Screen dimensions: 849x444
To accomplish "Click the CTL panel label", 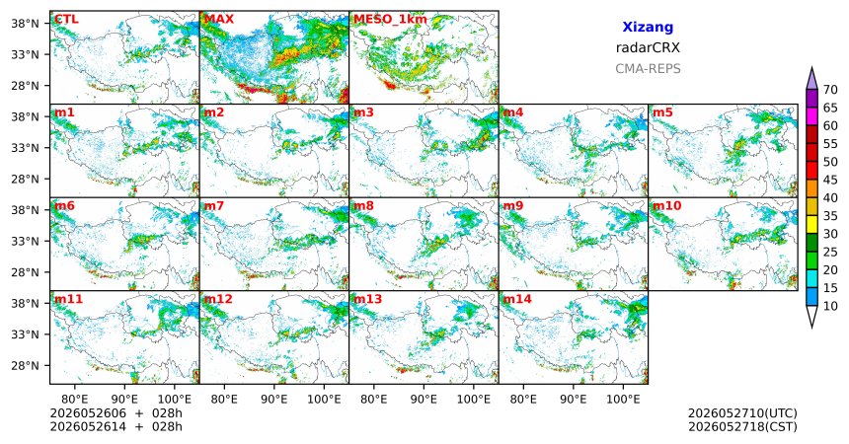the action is click(66, 20).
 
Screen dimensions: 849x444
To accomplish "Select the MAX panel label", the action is click(219, 20).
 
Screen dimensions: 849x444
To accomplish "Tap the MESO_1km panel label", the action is click(390, 20).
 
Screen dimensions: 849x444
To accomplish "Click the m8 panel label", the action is click(363, 206).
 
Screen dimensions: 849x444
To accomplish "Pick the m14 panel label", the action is click(517, 299).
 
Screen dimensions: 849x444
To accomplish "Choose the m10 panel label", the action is click(666, 206).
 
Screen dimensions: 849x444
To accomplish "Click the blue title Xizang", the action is click(648, 28).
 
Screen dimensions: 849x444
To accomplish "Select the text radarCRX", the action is click(648, 47).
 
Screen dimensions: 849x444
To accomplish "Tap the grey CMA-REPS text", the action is click(648, 69).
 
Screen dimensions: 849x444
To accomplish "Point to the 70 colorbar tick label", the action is click(830, 90).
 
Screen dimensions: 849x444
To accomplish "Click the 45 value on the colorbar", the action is click(830, 180).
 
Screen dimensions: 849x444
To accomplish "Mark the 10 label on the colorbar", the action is click(830, 306).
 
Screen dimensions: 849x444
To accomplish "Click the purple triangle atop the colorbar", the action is click(811, 79).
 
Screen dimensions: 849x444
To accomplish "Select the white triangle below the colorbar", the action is click(811, 316).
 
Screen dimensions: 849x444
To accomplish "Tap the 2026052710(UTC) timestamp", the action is click(742, 413).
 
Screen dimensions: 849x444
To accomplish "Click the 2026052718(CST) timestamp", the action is click(742, 426).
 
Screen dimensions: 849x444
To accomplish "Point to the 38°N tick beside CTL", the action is click(25, 24).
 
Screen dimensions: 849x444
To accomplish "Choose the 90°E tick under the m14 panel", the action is click(574, 400).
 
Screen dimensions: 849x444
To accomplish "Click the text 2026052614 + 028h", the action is click(116, 426).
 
